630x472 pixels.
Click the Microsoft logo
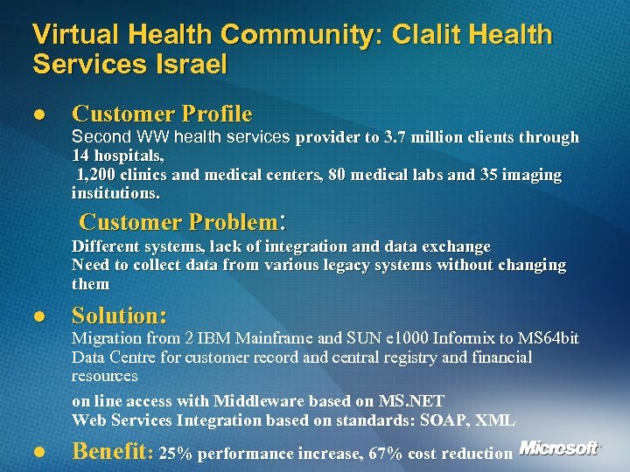(x=559, y=448)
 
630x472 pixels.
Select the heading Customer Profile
(x=162, y=114)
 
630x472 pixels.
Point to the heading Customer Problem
(x=183, y=220)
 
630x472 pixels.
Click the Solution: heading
(x=120, y=315)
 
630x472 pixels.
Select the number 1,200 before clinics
(x=98, y=175)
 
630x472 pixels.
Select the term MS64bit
(x=549, y=338)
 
